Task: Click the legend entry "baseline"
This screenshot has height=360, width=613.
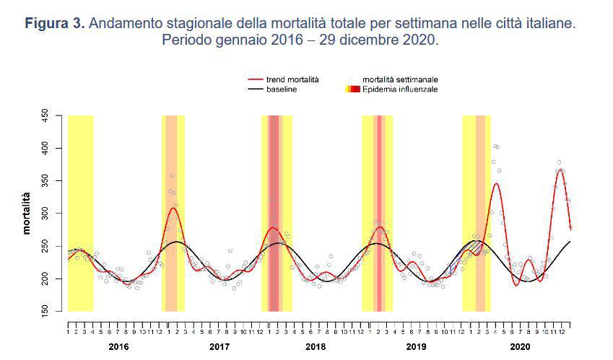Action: (282, 89)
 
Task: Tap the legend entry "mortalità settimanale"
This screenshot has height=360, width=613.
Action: (400, 79)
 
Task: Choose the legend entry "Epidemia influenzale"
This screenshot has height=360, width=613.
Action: (399, 89)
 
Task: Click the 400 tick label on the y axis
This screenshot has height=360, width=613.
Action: (45, 148)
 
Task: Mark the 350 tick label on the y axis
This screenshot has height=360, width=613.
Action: (45, 180)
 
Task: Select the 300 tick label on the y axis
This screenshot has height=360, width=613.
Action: (45, 214)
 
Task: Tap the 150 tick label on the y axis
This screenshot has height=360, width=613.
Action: (45, 311)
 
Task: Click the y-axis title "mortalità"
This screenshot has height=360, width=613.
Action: (27, 213)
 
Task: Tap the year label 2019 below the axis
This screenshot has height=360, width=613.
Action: (417, 346)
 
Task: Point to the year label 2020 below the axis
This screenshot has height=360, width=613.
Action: (519, 346)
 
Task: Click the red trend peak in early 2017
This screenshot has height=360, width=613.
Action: (173, 208)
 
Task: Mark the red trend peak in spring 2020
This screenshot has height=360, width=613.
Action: (496, 183)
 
